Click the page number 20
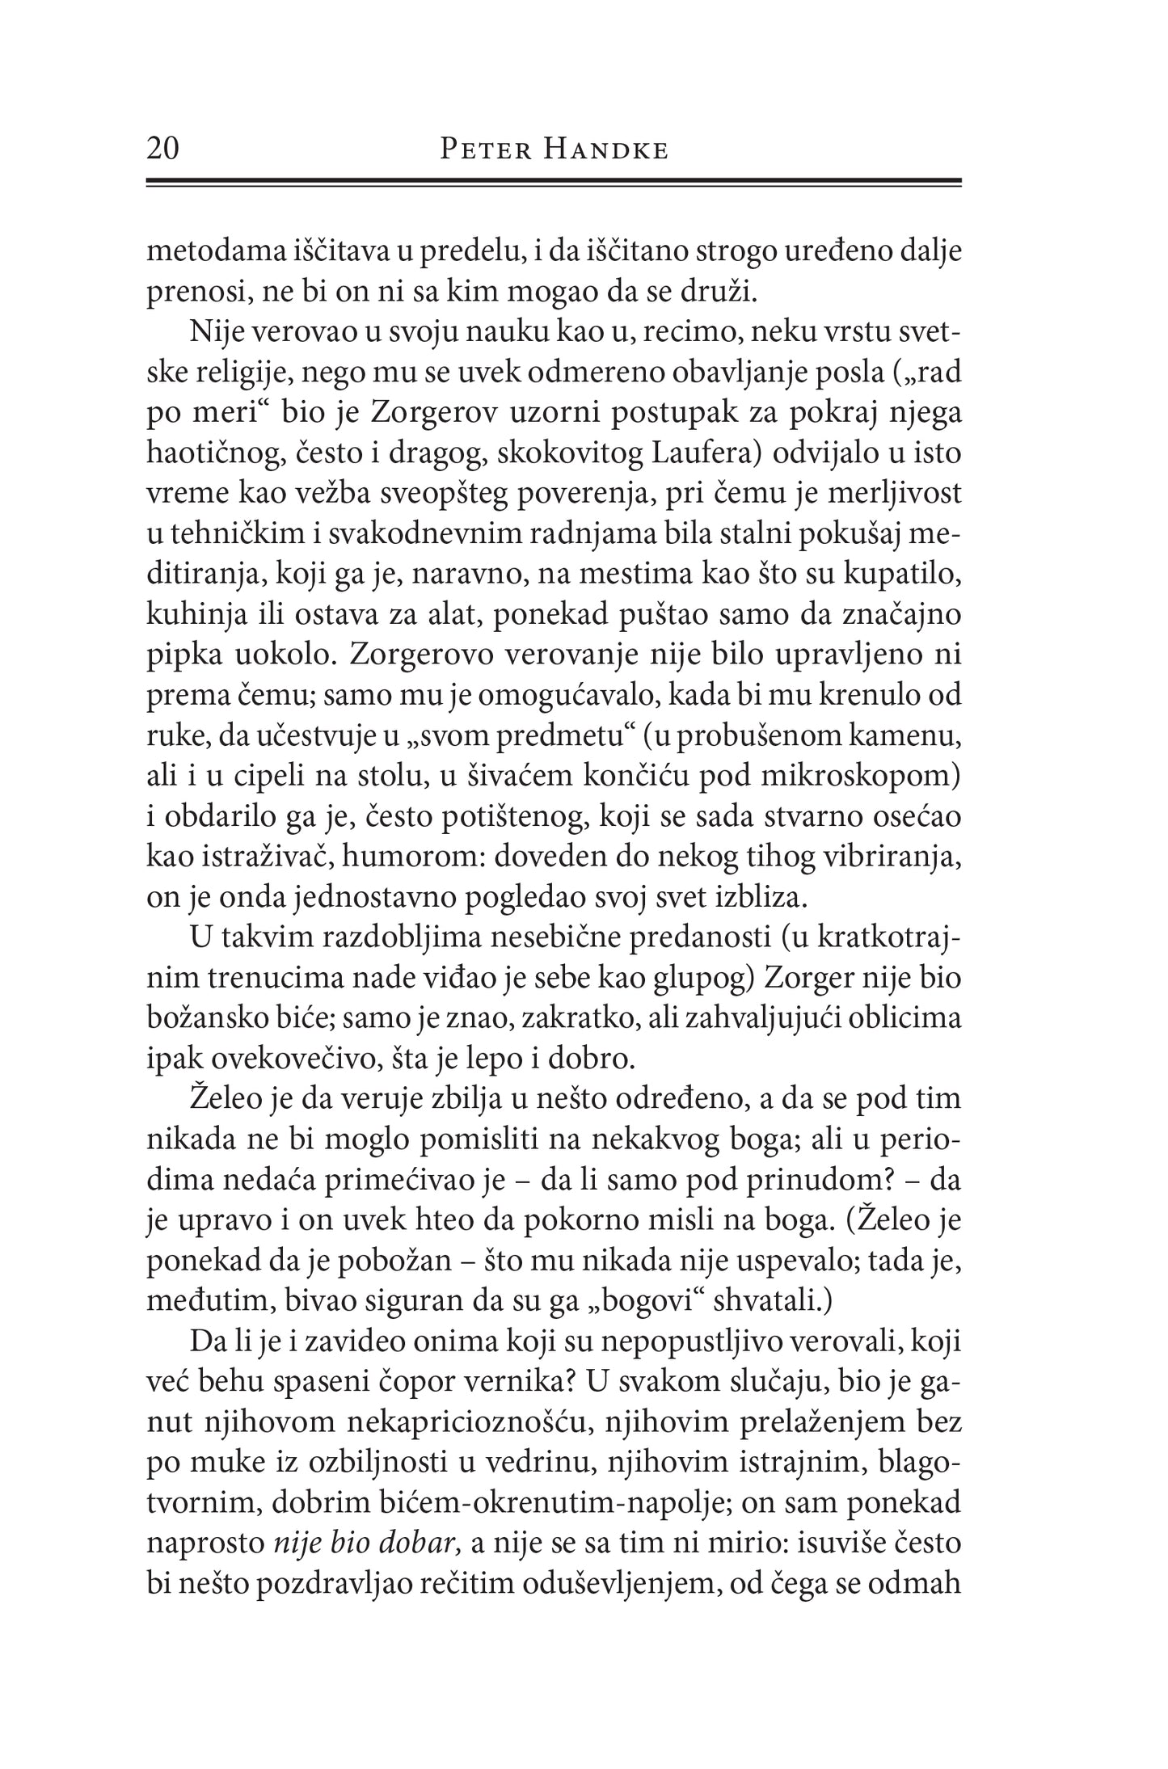coord(163,150)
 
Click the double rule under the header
coord(553,183)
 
